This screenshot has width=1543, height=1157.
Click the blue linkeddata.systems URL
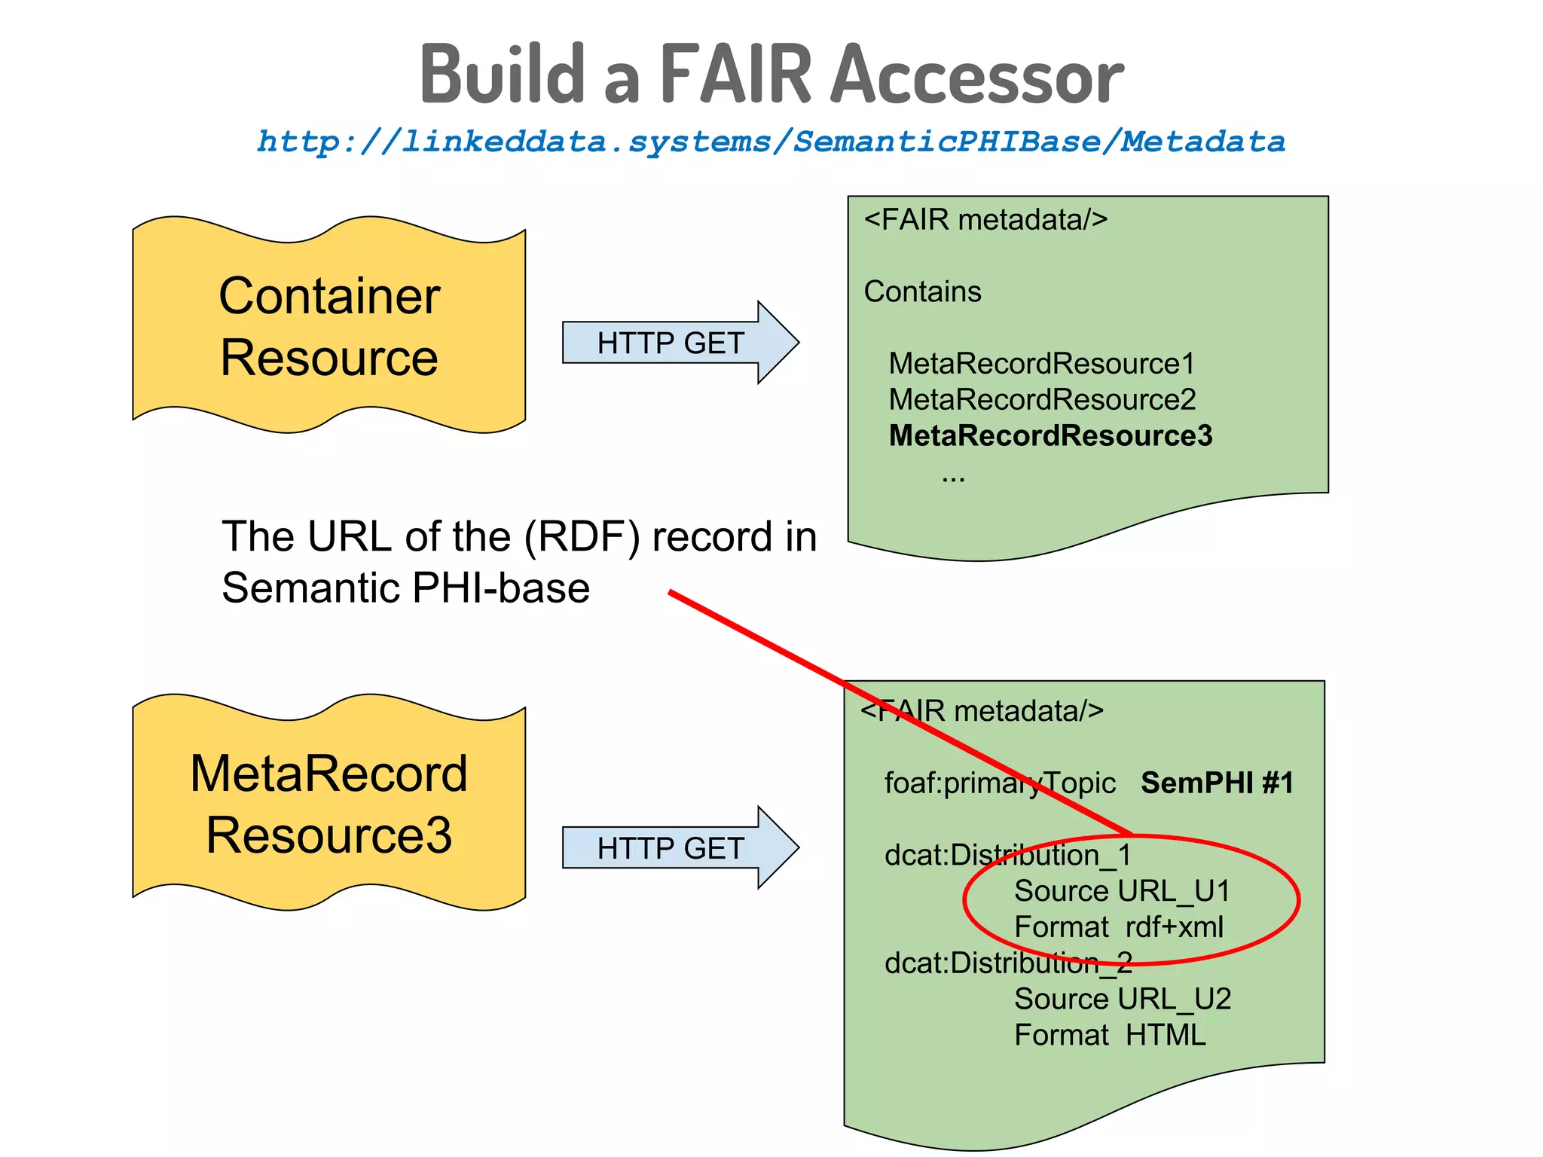(771, 142)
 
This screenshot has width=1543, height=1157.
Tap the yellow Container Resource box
(329, 326)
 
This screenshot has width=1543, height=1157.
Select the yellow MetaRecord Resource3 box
(329, 804)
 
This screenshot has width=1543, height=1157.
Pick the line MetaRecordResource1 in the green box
(1042, 364)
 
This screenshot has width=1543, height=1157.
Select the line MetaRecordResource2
(1042, 400)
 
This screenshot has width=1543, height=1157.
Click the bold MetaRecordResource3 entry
(1050, 436)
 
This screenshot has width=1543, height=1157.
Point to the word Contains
(922, 292)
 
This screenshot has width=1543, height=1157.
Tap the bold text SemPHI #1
(1217, 783)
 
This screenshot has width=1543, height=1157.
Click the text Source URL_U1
(1122, 891)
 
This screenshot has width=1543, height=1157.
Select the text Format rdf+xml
(1119, 927)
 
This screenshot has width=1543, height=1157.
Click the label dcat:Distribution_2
(1007, 963)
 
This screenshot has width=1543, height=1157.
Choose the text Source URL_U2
(1122, 1000)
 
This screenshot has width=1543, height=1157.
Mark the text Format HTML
(1110, 1036)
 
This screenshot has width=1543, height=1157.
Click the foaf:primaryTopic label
(999, 783)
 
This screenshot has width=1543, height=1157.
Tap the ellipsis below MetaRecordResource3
(953, 478)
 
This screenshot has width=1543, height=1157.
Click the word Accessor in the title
(977, 75)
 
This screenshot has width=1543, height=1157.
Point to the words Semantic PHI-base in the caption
(405, 588)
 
